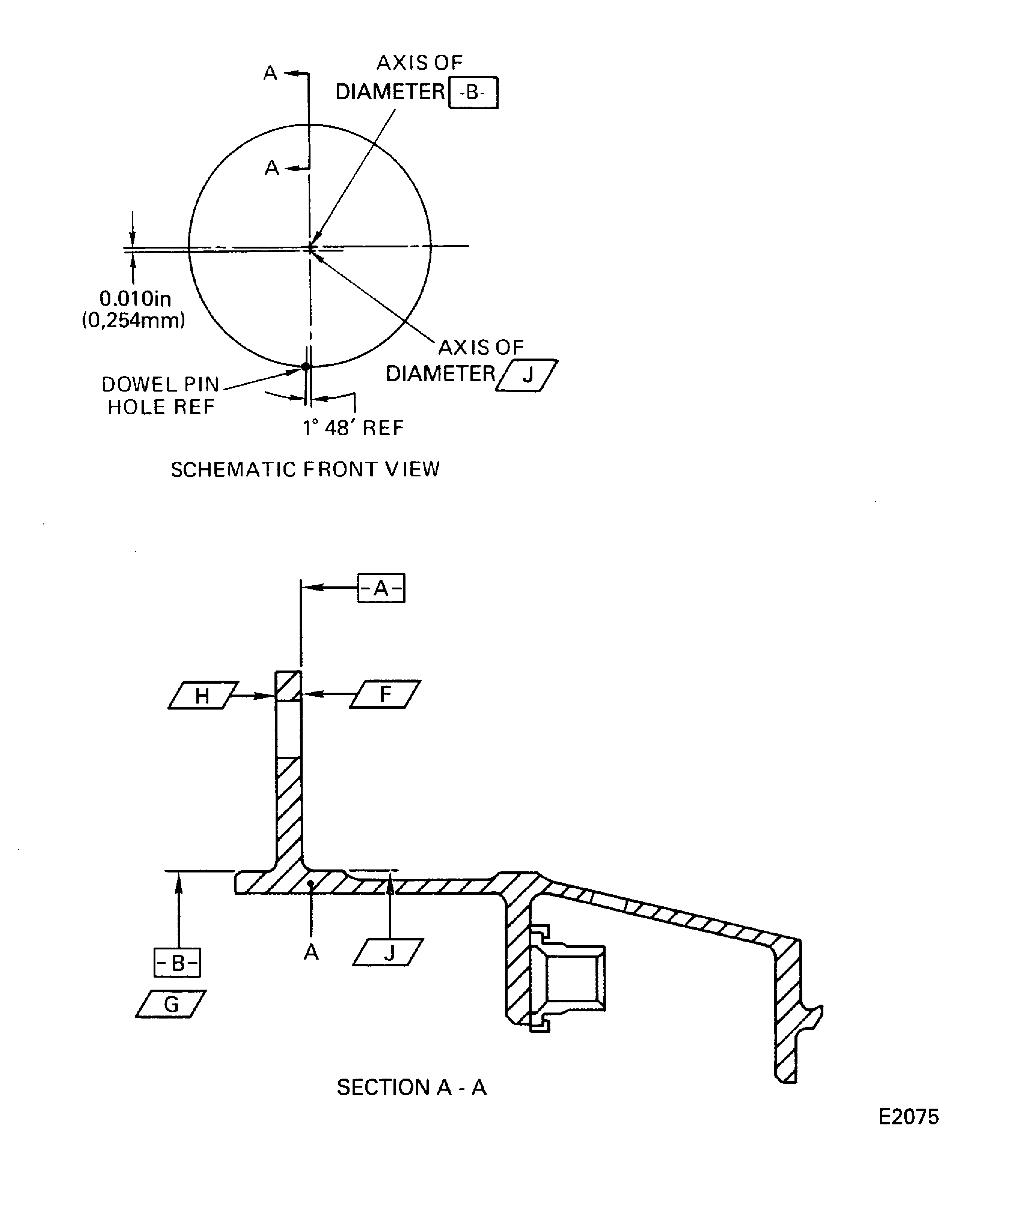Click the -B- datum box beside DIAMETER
pos(473,92)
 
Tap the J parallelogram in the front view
pos(527,375)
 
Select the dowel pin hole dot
pos(305,366)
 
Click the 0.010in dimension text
pos(135,299)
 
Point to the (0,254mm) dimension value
pos(134,320)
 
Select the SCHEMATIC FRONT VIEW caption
pos(305,470)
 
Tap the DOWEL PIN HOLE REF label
pos(160,395)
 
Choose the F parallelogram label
pos(385,694)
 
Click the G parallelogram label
pos(171,1004)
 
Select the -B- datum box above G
pos(177,963)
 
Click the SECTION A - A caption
pos(411,1087)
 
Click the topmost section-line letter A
pos(270,74)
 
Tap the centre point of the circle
pos(310,247)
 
